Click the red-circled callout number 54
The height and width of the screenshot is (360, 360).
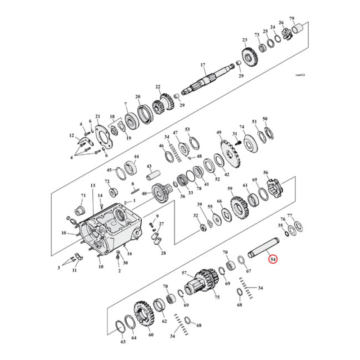[273, 260]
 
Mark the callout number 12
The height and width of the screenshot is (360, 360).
[71, 135]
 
